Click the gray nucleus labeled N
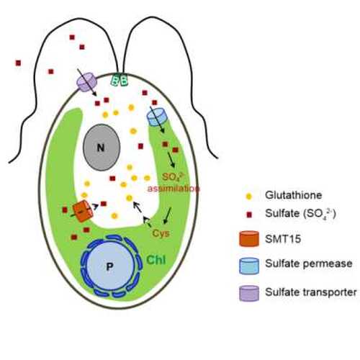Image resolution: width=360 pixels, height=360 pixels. click(102, 147)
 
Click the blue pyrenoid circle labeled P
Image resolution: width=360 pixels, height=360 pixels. click(109, 266)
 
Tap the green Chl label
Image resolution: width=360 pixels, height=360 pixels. click(156, 260)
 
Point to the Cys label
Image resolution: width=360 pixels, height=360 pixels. click(161, 233)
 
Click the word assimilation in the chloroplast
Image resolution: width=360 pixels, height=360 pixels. click(174, 189)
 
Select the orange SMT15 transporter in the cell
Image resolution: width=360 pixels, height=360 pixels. click(83, 210)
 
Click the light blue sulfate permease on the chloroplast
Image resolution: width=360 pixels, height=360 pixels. click(156, 117)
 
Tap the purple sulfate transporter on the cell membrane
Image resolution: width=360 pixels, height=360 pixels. click(86, 82)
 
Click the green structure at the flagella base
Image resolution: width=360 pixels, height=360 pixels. click(119, 80)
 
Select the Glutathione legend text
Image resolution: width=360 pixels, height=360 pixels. click(293, 195)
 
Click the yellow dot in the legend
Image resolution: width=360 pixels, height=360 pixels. click(249, 196)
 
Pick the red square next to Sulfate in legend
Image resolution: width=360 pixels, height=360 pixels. click(249, 215)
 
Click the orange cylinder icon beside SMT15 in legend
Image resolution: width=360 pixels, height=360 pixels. click(249, 239)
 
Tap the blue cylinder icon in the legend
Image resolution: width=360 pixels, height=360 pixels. click(249, 266)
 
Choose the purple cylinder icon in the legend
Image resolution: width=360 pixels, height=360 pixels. click(249, 293)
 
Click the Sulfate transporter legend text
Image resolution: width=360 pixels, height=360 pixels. click(311, 292)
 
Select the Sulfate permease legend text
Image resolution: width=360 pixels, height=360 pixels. click(309, 264)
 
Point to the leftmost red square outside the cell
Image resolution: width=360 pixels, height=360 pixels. click(18, 63)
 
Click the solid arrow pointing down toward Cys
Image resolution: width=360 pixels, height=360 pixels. click(167, 215)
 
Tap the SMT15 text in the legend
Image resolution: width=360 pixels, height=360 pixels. click(283, 239)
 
